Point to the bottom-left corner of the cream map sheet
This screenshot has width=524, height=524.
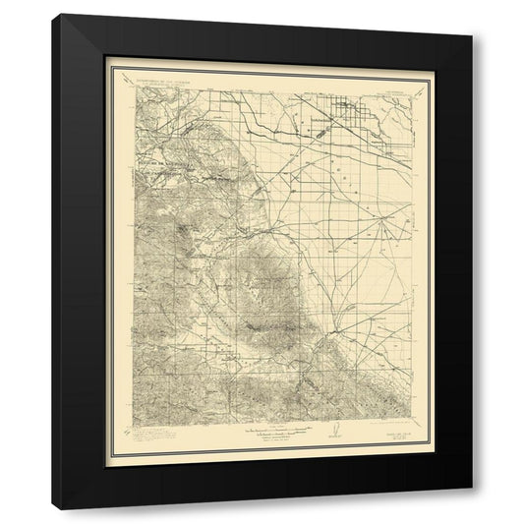coord(105,466)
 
